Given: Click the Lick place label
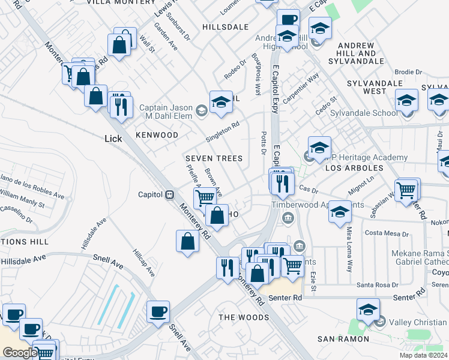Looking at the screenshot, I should (x=113, y=139).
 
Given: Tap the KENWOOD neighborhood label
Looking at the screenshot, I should (x=157, y=135).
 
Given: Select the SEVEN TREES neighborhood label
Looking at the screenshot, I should (x=214, y=158).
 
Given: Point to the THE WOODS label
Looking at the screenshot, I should (x=244, y=317).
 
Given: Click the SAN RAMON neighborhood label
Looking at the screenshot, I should (x=343, y=339).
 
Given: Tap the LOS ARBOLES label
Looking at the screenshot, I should (x=354, y=169).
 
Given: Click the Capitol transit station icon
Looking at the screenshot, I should (x=170, y=194).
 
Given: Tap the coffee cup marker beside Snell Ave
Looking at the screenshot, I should (x=158, y=311).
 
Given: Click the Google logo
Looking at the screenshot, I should (x=19, y=353).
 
